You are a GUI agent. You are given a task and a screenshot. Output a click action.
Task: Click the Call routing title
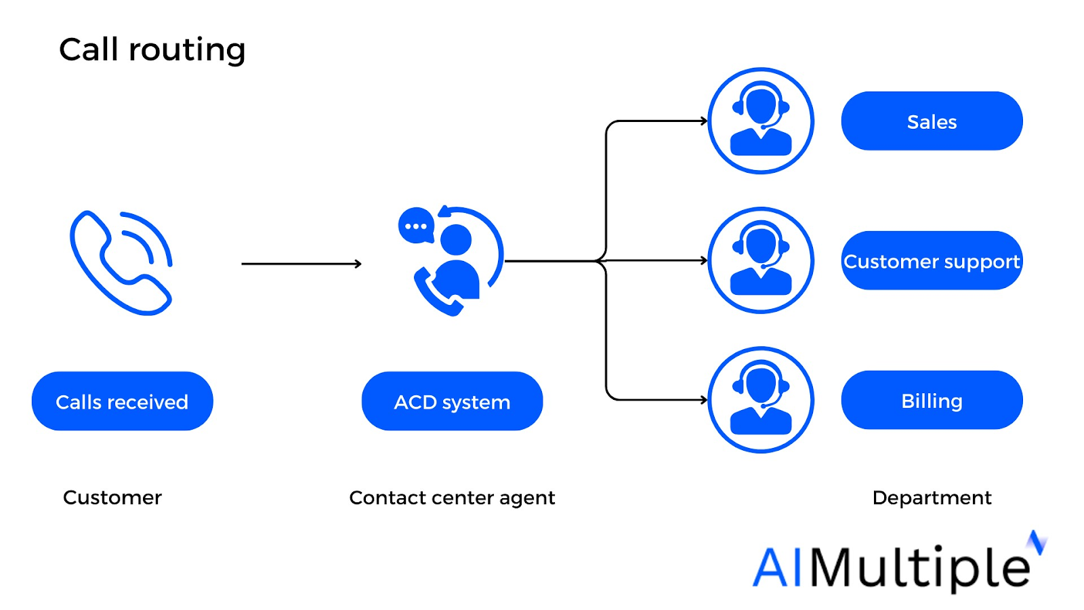152,50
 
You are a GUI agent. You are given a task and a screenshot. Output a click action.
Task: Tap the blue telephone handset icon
121,263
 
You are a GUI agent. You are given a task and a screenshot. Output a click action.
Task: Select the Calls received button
122,401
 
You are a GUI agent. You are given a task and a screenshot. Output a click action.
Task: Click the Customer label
112,497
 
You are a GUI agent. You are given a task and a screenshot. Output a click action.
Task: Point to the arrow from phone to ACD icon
301,264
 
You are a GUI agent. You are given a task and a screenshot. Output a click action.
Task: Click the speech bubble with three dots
415,226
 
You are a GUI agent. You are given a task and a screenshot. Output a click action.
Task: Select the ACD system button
452,401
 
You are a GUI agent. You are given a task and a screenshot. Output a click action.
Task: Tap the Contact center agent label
452,497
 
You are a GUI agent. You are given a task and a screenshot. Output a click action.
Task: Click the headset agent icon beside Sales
760,121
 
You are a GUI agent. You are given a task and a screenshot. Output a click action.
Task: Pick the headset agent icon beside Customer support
760,260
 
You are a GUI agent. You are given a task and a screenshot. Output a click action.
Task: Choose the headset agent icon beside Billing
760,400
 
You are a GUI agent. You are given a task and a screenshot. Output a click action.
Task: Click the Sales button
932,121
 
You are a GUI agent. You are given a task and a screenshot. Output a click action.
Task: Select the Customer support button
932,261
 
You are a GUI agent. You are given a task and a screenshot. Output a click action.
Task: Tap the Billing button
932,401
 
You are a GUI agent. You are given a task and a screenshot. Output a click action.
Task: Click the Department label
932,497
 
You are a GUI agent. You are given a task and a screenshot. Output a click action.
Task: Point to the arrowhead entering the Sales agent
704,121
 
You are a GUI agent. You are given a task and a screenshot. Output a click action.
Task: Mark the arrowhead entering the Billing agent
704,400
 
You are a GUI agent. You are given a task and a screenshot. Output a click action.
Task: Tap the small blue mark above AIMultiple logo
1037,542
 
